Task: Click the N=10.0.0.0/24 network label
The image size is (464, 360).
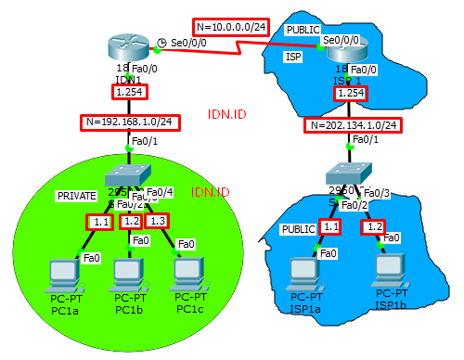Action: click(x=231, y=26)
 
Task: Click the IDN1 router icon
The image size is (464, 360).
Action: click(x=126, y=45)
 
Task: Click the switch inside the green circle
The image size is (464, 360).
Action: click(x=126, y=176)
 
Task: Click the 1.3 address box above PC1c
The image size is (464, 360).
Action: click(x=159, y=221)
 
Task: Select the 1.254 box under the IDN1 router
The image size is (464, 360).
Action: click(x=126, y=93)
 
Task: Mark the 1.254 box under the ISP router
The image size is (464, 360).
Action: click(x=352, y=93)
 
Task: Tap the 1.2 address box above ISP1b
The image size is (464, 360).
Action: click(x=374, y=226)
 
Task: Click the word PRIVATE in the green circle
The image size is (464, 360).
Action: click(x=76, y=197)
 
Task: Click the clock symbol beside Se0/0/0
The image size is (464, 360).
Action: click(x=161, y=43)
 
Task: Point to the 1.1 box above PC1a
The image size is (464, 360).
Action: click(x=100, y=222)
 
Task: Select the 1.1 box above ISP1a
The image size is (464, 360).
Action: click(x=331, y=226)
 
